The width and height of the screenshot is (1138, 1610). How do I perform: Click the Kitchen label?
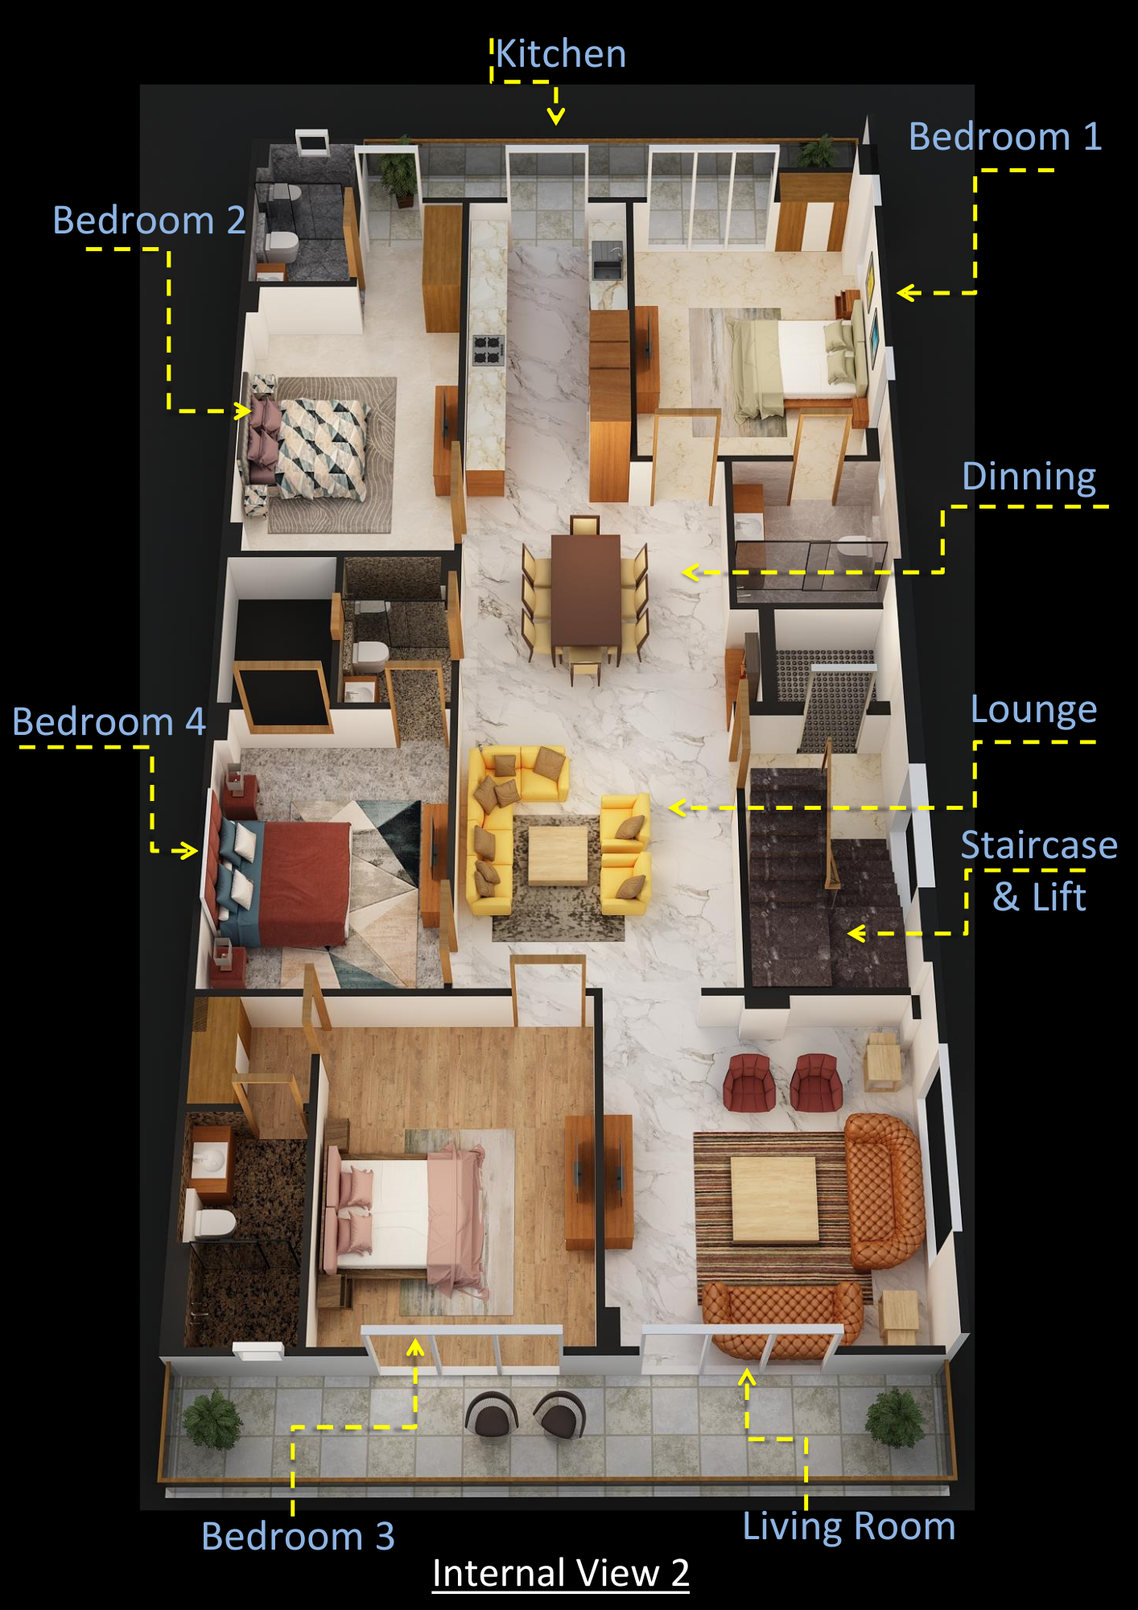tap(561, 54)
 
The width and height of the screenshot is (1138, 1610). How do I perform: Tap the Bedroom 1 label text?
tap(1005, 136)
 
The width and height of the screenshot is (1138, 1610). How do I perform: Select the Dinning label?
tap(1029, 477)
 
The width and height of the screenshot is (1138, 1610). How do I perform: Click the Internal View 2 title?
tap(561, 1573)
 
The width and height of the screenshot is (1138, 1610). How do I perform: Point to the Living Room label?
tap(849, 1525)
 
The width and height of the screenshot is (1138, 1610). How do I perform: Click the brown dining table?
tap(587, 590)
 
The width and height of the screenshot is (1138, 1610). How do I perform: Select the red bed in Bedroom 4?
tap(282, 882)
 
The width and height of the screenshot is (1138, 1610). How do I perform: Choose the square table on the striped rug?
tap(774, 1199)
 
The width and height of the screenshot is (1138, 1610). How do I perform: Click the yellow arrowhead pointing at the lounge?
tap(678, 807)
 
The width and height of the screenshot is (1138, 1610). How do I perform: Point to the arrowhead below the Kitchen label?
tap(555, 118)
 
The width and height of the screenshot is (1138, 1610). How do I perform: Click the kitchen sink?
tap(608, 260)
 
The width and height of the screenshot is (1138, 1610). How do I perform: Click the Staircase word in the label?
tap(1039, 845)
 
